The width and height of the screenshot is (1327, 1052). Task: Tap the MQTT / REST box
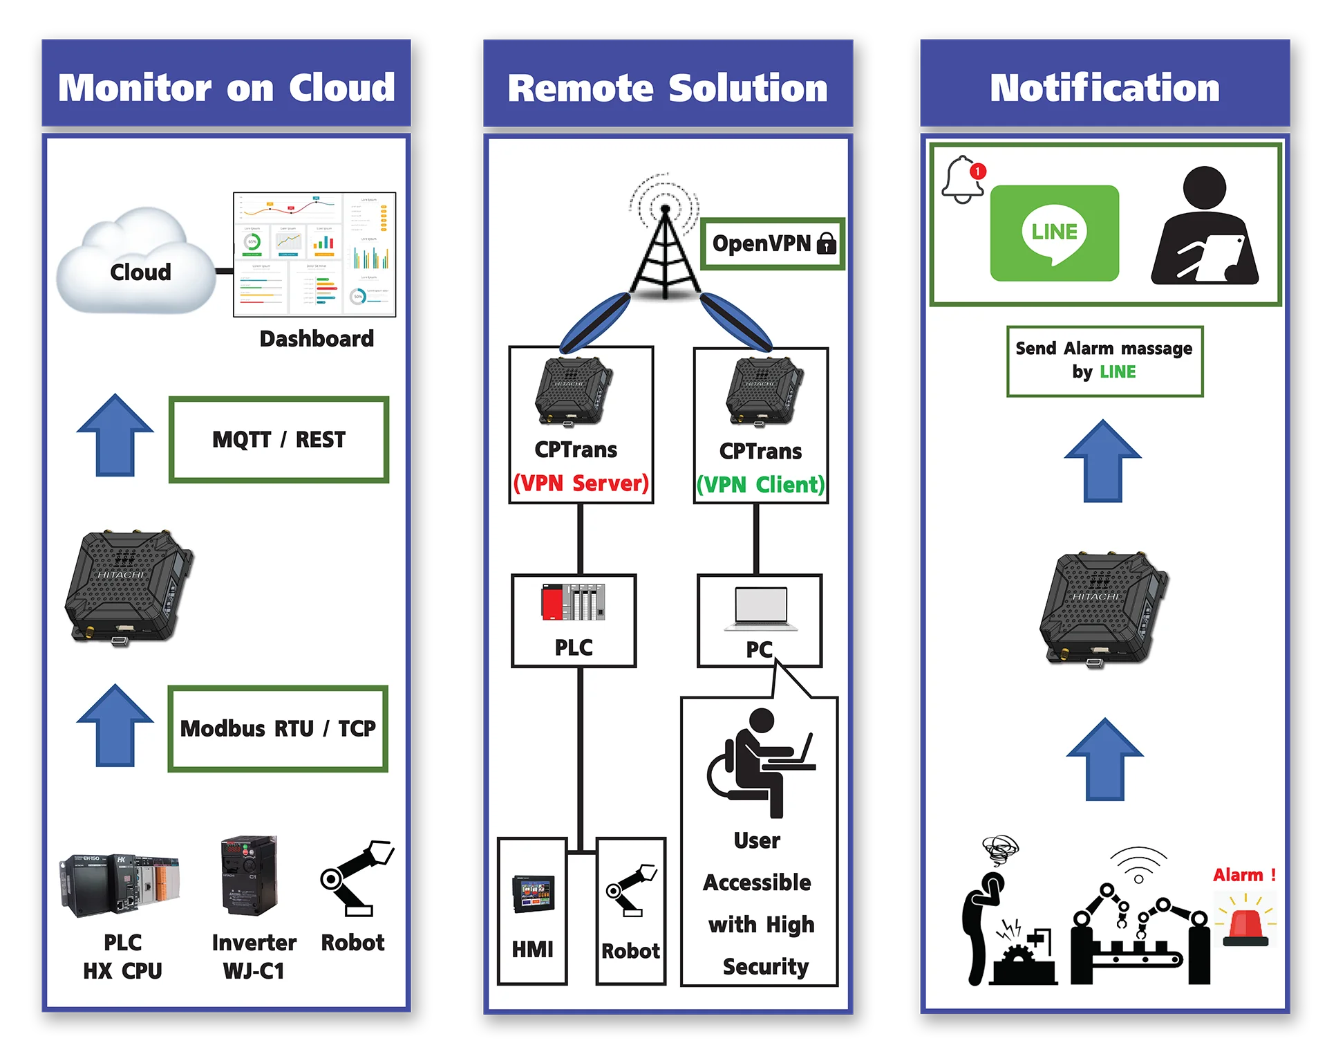[279, 440]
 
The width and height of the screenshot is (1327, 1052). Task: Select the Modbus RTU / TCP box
[278, 729]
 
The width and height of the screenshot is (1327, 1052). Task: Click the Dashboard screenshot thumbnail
[314, 255]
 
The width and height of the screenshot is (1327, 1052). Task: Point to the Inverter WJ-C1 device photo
[249, 876]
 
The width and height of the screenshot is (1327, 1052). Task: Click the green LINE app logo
[1054, 233]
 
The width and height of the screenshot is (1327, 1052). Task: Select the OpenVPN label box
[773, 244]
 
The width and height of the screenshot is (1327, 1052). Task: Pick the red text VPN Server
[581, 483]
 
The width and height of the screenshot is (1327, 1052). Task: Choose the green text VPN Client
[760, 485]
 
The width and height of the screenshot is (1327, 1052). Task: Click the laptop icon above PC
[761, 609]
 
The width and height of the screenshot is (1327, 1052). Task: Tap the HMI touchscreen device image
[533, 894]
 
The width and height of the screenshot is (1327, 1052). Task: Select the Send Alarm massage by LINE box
[1104, 361]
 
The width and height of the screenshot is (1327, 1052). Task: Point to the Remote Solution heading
[668, 89]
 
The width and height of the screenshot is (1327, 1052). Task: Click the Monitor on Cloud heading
[226, 89]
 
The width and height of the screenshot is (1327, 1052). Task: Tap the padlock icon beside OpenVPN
[827, 243]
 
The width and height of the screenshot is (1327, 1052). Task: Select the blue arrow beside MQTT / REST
[115, 436]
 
